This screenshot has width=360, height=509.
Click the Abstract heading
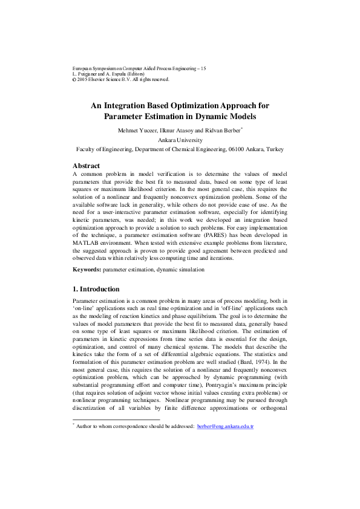(86, 166)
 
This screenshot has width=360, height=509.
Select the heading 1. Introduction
(96, 289)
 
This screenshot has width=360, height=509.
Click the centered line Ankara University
(180, 139)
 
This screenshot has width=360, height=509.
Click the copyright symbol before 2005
(74, 79)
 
